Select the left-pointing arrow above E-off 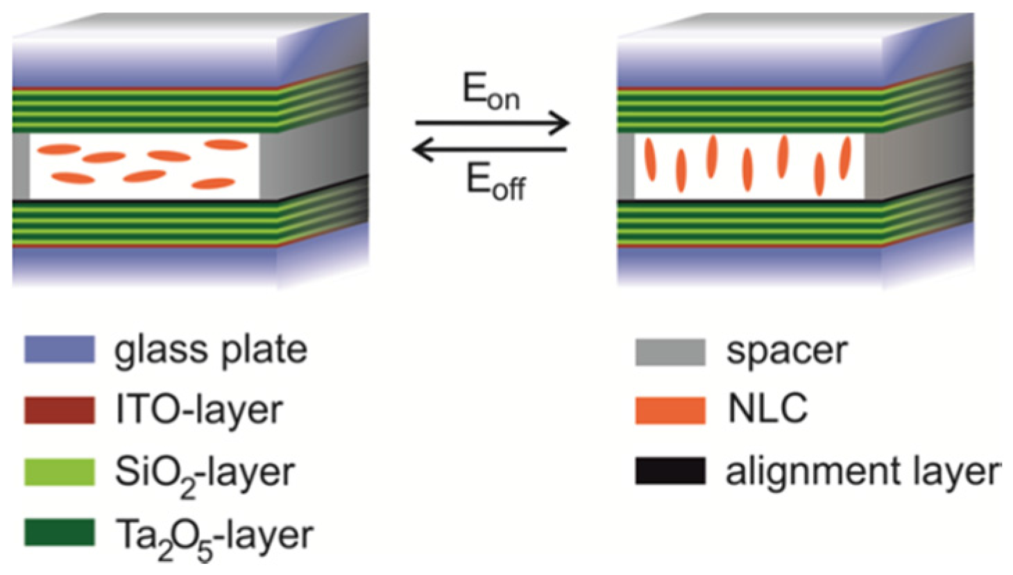coord(490,148)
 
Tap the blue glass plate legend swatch coord(60,349)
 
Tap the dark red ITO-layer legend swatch coord(60,410)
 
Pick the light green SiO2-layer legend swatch coord(60,472)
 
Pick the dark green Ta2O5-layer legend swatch coord(60,533)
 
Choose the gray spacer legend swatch coord(670,352)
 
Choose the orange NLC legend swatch coord(670,410)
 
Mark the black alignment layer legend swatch coord(670,471)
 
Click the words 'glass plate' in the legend coord(210,350)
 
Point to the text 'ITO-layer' coord(199,410)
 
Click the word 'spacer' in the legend coord(787,352)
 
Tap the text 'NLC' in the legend coord(767,409)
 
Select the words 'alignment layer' coord(863,472)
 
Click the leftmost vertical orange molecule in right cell coord(649,160)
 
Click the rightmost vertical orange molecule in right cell coord(845,157)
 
